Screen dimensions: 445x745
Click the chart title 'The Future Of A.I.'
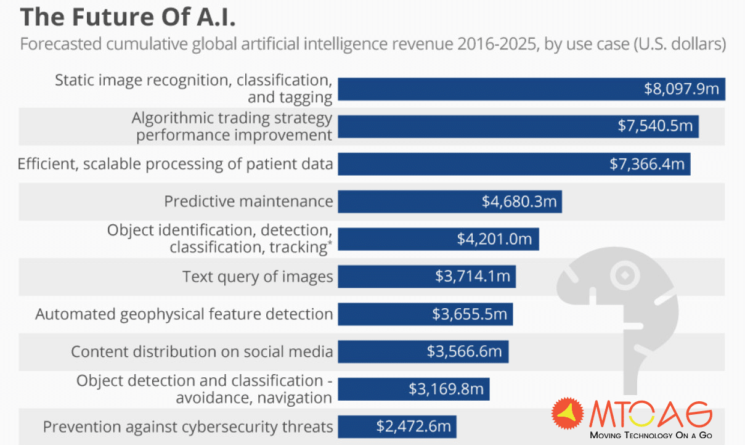[128, 17]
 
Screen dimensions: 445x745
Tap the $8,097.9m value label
[682, 89]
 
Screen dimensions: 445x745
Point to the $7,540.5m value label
[656, 126]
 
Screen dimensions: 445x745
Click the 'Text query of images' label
[258, 277]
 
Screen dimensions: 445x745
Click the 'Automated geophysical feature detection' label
[184, 314]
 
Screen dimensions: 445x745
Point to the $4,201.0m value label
[494, 239]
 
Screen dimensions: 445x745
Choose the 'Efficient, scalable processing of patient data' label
[176, 164]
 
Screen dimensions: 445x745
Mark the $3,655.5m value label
[470, 314]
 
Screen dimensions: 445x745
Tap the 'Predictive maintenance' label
[248, 202]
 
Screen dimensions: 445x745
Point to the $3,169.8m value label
[446, 389]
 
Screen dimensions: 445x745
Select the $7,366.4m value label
[647, 164]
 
